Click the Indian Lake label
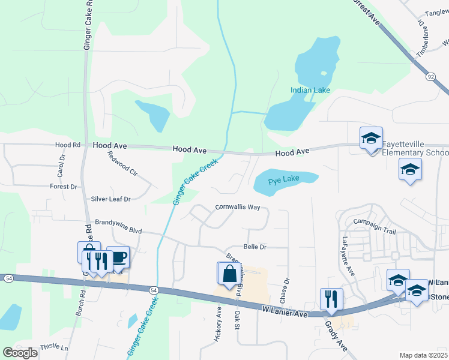coord(310,90)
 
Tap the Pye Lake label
coord(283,180)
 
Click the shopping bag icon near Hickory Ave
coord(230,274)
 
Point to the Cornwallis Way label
coord(238,207)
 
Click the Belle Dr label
coord(255,247)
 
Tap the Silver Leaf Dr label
coord(110,199)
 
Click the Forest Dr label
coord(64,187)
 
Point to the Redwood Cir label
coord(122,163)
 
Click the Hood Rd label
coord(67,145)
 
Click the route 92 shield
coord(430,77)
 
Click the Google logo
coord(20,353)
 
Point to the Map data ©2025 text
coord(423,355)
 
